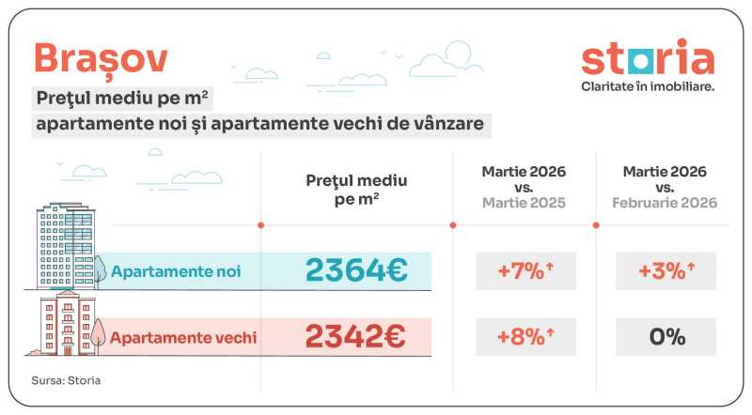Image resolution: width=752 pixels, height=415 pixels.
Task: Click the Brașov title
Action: [x=102, y=58]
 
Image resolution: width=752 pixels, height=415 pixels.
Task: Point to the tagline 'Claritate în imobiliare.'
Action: [x=648, y=86]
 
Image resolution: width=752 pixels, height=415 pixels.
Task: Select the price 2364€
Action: [x=355, y=270]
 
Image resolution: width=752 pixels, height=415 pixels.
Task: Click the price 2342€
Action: [x=355, y=335]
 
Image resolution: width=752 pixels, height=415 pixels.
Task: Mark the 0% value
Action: [x=666, y=336]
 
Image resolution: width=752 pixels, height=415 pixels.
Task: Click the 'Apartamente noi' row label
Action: [x=176, y=271]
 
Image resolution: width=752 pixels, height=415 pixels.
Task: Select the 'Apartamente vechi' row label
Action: [x=183, y=336]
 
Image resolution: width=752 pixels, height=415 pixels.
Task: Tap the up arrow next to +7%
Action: [x=549, y=268]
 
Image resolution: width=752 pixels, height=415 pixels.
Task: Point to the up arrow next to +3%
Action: [x=690, y=268]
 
